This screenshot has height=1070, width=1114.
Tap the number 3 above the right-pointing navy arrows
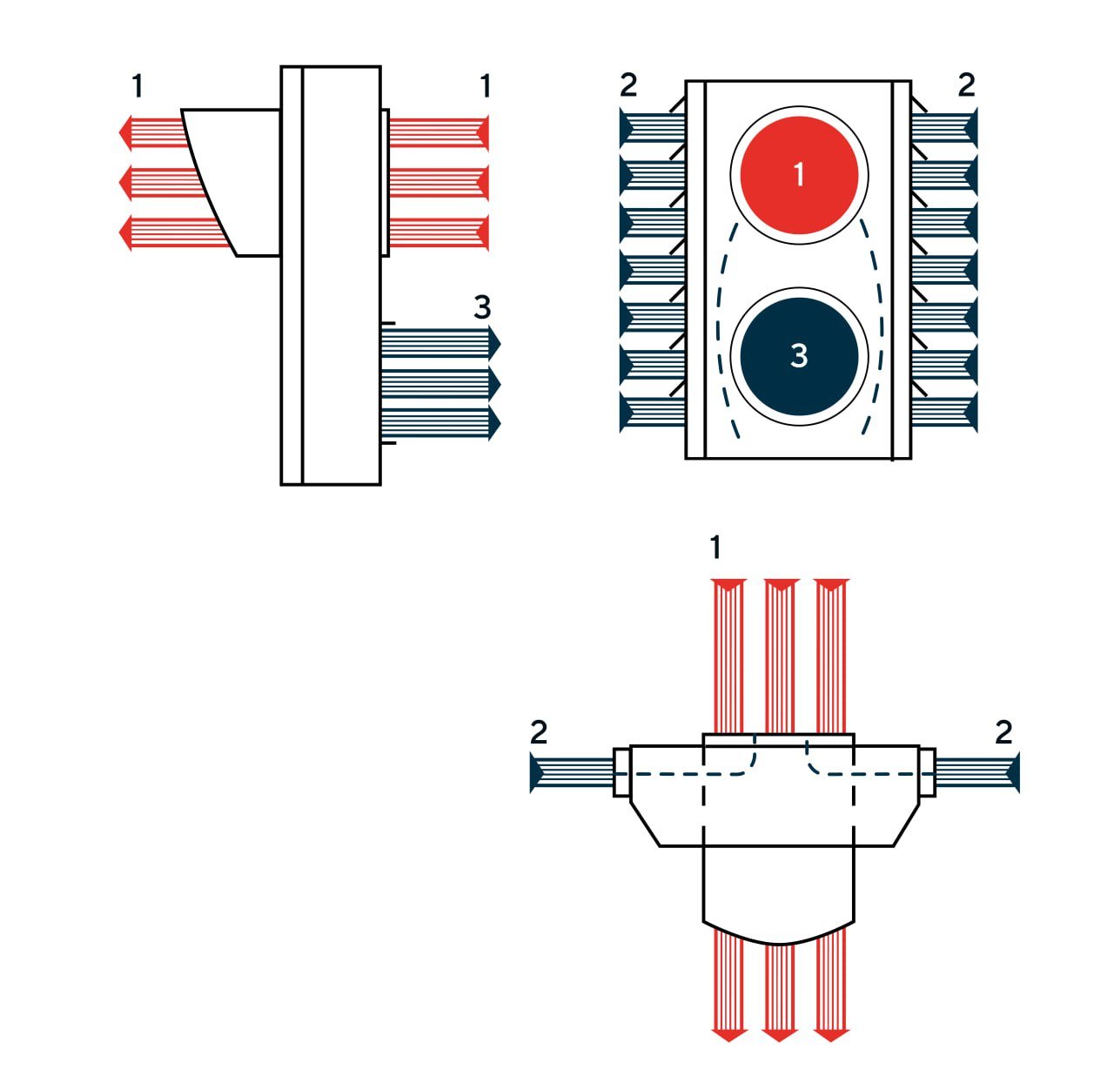tap(482, 307)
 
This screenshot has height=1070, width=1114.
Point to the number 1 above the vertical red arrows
tap(715, 548)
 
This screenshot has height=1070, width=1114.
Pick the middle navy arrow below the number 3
tap(440, 383)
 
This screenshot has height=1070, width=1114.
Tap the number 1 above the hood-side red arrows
tap(137, 87)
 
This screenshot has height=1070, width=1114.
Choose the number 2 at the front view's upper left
tap(628, 85)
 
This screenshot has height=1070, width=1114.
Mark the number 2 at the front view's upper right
tap(966, 85)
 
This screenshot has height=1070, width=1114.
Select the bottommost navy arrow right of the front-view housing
tap(944, 414)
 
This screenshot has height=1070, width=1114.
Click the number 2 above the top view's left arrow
tap(539, 733)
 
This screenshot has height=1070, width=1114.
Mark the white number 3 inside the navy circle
tap(799, 356)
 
